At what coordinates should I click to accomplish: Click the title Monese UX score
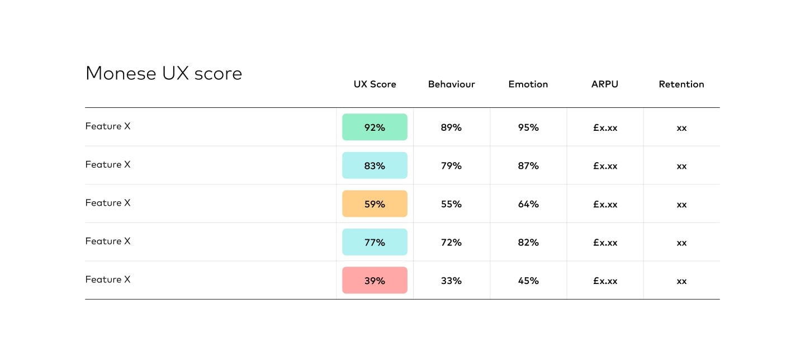(164, 73)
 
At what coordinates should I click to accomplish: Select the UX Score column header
(375, 84)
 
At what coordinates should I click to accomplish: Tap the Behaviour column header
(451, 84)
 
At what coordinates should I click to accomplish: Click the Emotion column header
(528, 84)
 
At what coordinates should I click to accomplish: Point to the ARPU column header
(605, 84)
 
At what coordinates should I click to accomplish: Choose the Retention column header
(681, 84)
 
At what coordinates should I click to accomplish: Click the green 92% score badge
(375, 127)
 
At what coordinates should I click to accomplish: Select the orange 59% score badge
(375, 204)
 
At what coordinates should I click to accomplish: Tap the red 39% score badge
(375, 281)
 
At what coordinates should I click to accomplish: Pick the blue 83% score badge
(375, 165)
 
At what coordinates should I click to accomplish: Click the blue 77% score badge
(375, 242)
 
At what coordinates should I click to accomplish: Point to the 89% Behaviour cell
(451, 127)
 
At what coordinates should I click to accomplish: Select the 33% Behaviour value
(451, 281)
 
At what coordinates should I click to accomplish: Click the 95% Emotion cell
(528, 127)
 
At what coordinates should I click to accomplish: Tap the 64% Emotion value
(528, 204)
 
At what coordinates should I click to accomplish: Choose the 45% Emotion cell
(528, 281)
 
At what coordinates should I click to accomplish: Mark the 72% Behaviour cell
(451, 242)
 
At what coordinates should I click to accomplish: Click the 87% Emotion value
(528, 165)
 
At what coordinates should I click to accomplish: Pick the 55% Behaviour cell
(451, 204)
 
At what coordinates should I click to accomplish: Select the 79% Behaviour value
(451, 165)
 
